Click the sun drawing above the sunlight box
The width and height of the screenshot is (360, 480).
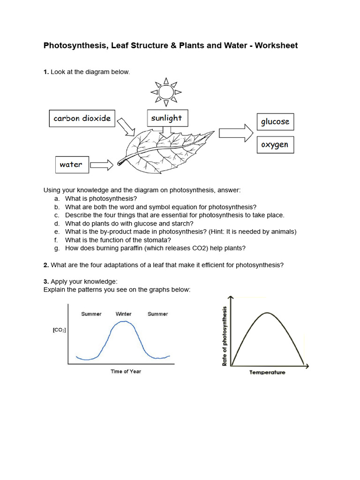(x=166, y=91)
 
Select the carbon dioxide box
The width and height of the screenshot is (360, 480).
(x=82, y=118)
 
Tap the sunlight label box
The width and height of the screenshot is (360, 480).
(x=167, y=118)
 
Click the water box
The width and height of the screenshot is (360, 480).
(x=71, y=165)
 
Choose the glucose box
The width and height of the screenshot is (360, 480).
(x=275, y=122)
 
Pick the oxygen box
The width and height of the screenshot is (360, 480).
(x=275, y=145)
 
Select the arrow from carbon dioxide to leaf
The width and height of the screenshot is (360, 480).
(x=126, y=126)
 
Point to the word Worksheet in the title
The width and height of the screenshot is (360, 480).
(x=276, y=45)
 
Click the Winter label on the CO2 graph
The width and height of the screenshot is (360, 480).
(x=123, y=314)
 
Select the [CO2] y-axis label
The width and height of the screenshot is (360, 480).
(x=59, y=330)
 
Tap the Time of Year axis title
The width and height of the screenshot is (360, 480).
(x=126, y=371)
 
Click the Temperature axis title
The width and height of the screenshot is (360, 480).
(x=267, y=372)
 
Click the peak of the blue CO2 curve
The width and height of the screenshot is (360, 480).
(x=124, y=322)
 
